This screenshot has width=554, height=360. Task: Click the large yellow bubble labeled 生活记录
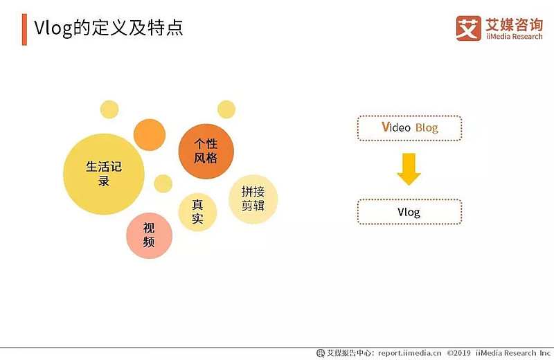coord(104,174)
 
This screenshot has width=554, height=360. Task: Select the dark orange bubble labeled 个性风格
coord(206,151)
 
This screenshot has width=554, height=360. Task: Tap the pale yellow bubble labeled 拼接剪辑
coord(253,199)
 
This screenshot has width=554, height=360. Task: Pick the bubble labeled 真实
coord(197,211)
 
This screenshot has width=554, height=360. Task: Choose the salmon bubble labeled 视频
coord(149,235)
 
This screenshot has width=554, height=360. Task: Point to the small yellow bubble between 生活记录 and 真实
coord(163,183)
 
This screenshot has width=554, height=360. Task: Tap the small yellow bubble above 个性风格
coord(226,109)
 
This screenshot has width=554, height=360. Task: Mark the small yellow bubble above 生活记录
coord(109,109)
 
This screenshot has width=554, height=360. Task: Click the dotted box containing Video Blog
coord(409,127)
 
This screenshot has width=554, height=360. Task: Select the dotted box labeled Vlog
coord(409,212)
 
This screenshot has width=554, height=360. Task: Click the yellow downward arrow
coord(409,170)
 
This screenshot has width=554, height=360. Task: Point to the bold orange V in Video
coord(386,127)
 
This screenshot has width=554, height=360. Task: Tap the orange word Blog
coord(427,127)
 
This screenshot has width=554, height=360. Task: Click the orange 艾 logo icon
coord(468,28)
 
